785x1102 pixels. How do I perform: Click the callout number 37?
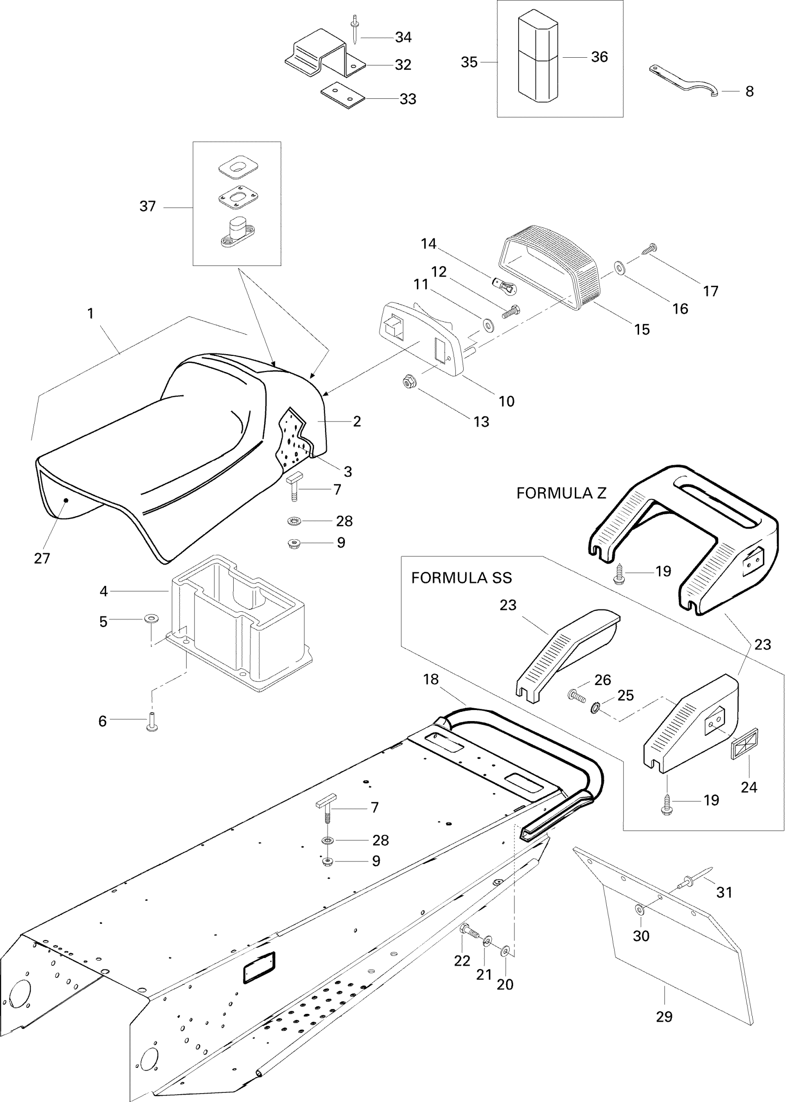147,206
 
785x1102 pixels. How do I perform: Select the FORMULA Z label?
561,494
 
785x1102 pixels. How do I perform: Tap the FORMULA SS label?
461,578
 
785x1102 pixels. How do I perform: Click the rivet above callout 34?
355,29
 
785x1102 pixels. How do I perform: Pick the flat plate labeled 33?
342,94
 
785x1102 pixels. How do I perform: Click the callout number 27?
42,559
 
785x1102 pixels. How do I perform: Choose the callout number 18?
431,680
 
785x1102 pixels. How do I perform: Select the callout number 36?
599,57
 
